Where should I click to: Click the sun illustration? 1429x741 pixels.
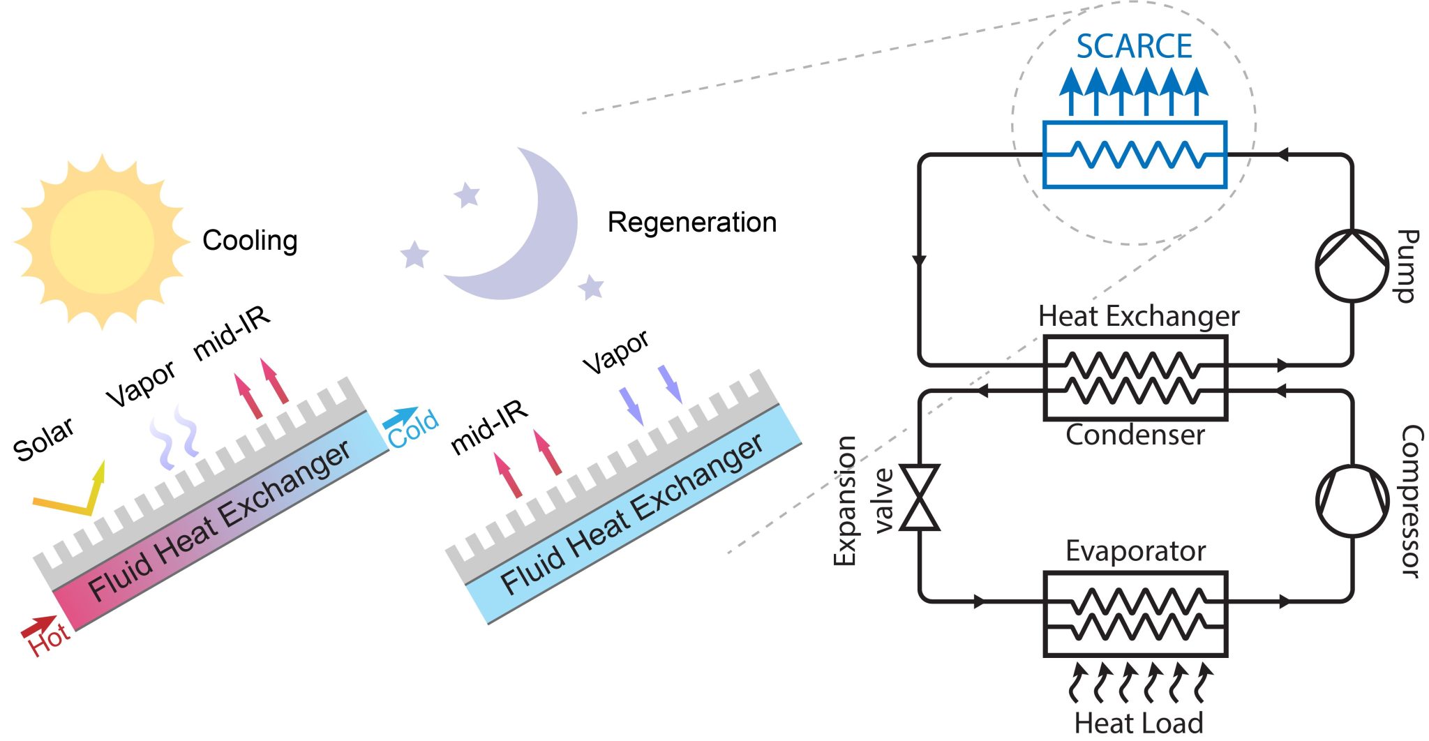pyautogui.click(x=102, y=241)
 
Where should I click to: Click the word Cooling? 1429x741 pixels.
pyautogui.click(x=250, y=241)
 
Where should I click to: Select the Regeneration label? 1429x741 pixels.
pyautogui.click(x=691, y=223)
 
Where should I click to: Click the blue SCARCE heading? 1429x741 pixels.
pyautogui.click(x=1134, y=47)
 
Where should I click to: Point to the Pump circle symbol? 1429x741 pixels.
pyautogui.click(x=1352, y=266)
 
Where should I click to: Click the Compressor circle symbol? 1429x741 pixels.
pyautogui.click(x=1352, y=502)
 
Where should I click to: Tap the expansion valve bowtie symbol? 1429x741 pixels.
pyautogui.click(x=920, y=497)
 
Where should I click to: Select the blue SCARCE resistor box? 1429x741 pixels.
pyautogui.click(x=1135, y=155)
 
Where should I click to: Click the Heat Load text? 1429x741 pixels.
pyautogui.click(x=1139, y=722)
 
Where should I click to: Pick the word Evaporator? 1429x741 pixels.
pyautogui.click(x=1135, y=551)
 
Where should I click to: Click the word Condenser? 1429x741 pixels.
pyautogui.click(x=1135, y=435)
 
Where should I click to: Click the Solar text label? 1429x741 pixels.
pyautogui.click(x=43, y=440)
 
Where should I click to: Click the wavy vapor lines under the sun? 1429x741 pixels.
pyautogui.click(x=174, y=437)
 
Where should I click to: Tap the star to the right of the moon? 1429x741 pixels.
pyautogui.click(x=591, y=287)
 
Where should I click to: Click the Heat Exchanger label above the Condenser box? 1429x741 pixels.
pyautogui.click(x=1139, y=317)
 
